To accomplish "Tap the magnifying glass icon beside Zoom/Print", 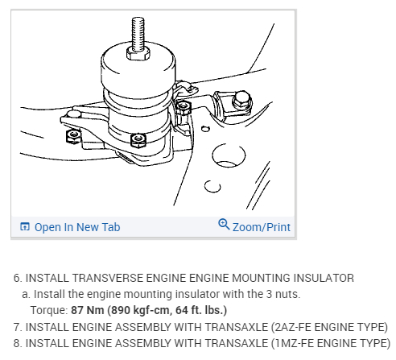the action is pos(224,224).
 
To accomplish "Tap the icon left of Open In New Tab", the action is pos(25,226).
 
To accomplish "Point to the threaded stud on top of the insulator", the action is pos(138,34).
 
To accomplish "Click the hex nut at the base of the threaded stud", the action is pos(138,54).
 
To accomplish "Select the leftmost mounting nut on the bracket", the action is pos(73,136).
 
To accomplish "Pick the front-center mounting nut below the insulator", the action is pos(138,140).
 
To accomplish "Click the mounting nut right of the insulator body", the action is pos(184,107).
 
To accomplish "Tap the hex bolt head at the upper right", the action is pos(241,100).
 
